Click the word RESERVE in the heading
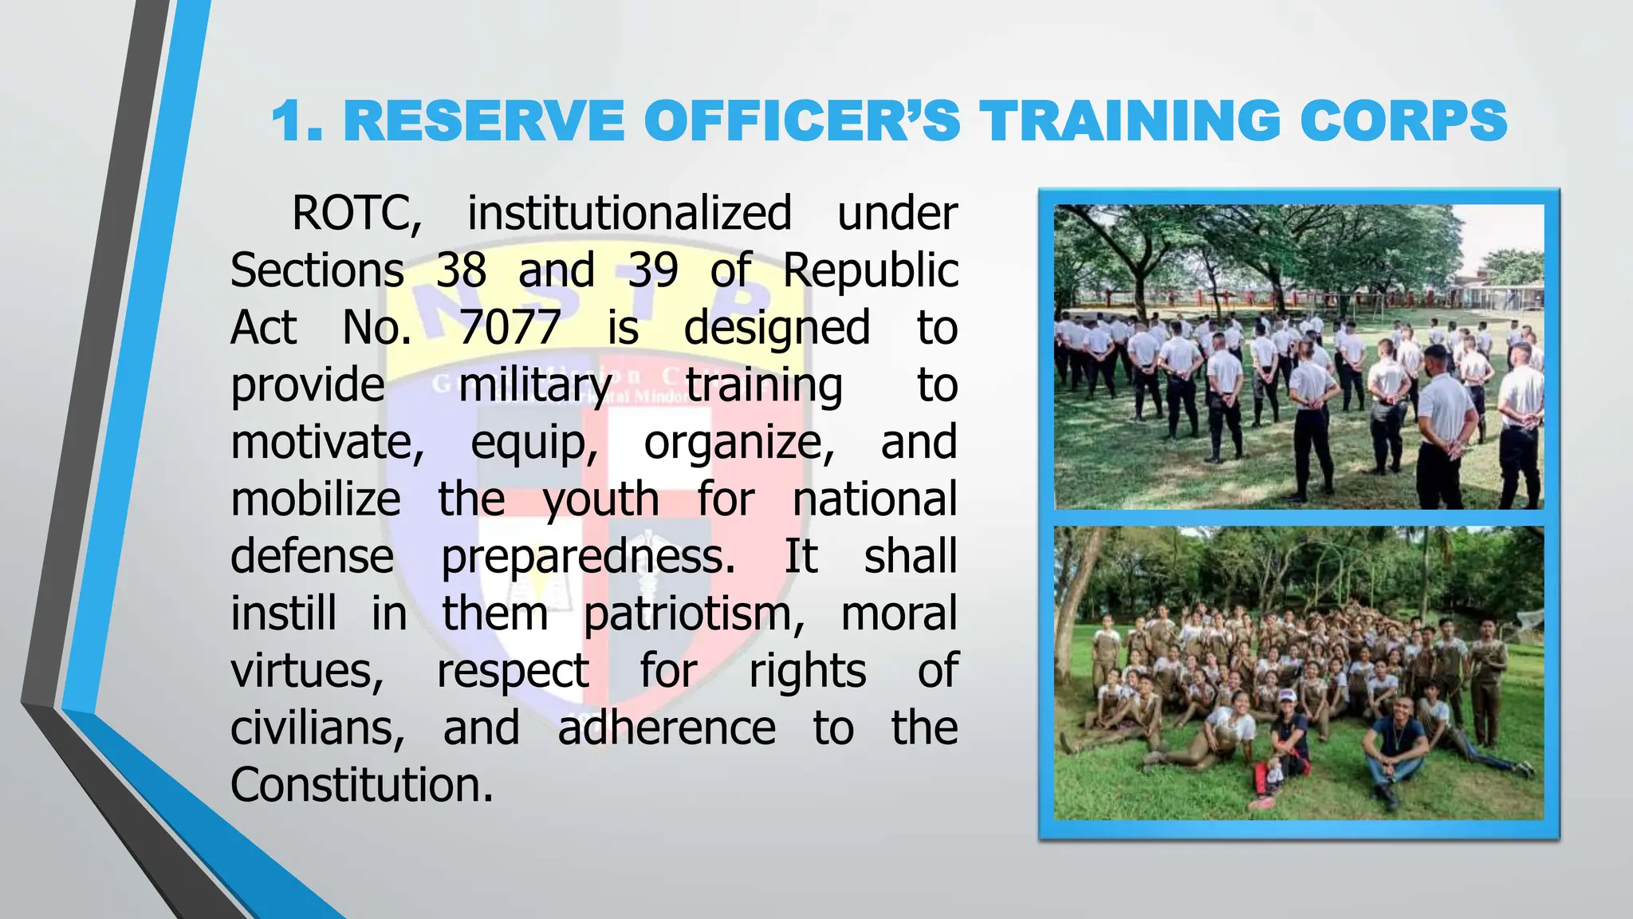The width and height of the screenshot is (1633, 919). tap(484, 121)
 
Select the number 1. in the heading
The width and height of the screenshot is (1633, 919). tap(297, 121)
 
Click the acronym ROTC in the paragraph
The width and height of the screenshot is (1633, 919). tap(356, 214)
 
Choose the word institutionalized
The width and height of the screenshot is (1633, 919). tap(629, 214)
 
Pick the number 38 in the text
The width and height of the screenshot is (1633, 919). tap(461, 270)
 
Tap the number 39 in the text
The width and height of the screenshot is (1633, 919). tap(653, 270)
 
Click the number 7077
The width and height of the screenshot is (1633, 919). tap(510, 328)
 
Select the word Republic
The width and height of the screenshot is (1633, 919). tap(870, 270)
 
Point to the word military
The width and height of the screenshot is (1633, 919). tap(534, 385)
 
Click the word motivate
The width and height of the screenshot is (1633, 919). tap(327, 443)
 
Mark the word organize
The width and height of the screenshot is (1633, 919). tap(738, 443)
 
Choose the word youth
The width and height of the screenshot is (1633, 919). tap(601, 500)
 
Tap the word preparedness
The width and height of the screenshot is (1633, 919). tap(588, 557)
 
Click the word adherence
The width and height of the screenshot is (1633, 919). tap(667, 728)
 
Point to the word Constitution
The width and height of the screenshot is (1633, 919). tap(361, 785)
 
